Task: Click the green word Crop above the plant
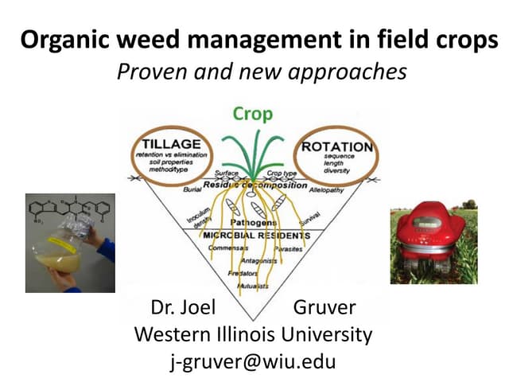click(253, 114)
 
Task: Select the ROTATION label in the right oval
click(337, 146)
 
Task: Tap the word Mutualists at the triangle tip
click(254, 284)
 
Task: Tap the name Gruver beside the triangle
click(324, 308)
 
